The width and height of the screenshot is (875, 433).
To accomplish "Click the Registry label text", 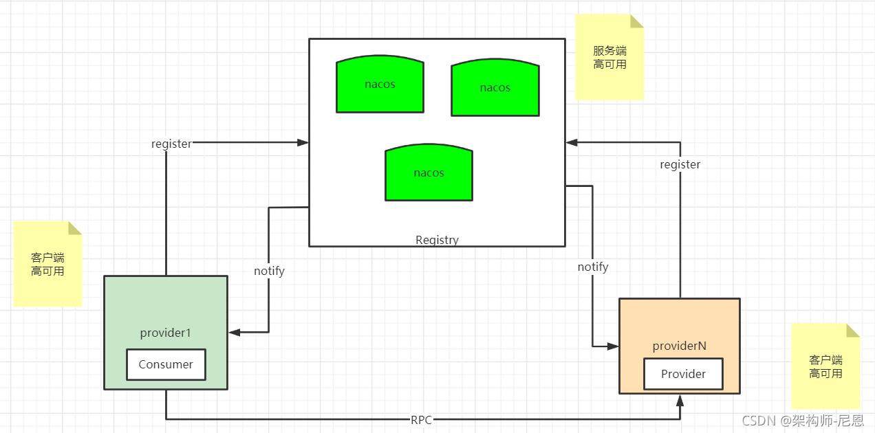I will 437,240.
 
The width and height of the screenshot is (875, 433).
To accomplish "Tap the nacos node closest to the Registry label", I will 429,173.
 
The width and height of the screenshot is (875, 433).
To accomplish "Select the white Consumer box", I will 166,364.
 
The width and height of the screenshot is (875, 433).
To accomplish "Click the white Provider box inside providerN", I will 683,374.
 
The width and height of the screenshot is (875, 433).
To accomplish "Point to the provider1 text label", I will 165,333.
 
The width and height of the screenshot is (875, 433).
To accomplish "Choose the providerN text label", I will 679,346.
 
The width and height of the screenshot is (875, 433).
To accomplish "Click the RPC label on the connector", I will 421,420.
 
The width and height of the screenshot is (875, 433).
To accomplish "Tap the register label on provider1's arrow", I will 171,144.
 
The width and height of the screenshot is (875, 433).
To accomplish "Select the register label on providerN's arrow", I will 680,164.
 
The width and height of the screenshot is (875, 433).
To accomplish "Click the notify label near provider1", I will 269,271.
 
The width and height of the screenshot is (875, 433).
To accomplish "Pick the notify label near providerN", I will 592,267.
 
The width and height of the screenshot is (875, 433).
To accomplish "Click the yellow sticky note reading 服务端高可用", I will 609,58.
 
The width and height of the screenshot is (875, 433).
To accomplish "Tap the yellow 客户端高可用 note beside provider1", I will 47,264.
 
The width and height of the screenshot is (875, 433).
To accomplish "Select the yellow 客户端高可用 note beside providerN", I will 825,366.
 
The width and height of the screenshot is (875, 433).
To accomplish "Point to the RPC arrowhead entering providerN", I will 680,399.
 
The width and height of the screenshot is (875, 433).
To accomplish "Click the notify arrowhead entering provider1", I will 235,333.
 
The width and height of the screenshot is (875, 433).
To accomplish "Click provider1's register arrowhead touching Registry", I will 303,142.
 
